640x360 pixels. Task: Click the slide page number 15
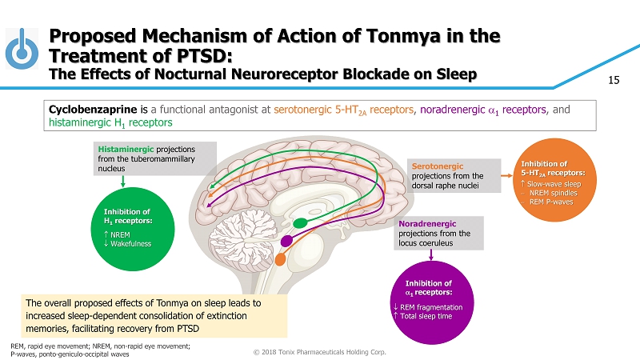[x=614, y=80]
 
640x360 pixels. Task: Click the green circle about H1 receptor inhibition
[x=123, y=226]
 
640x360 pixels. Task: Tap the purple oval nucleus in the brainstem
[x=286, y=240]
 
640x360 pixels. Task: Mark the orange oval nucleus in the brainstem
[x=280, y=259]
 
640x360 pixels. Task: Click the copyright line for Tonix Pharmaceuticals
[x=319, y=350]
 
